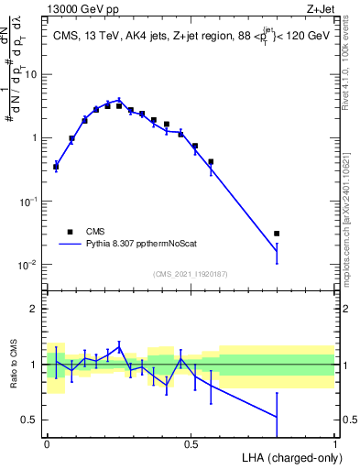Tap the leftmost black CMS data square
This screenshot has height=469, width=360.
coord(56,167)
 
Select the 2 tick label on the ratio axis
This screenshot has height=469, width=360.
coord(35,309)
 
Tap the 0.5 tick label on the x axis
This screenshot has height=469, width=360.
coord(191,443)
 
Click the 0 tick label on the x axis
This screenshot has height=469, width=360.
coord(47,443)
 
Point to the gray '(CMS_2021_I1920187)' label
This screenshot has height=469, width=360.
coord(191,274)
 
